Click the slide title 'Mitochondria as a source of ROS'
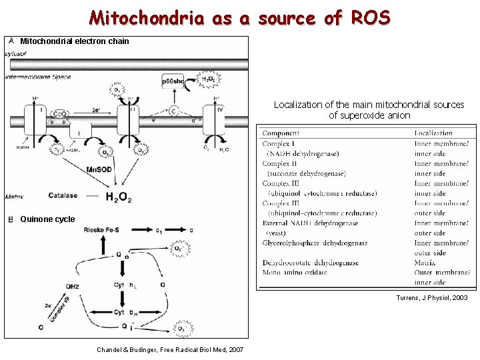(x=240, y=18)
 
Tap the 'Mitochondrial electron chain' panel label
(x=75, y=41)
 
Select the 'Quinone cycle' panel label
(x=47, y=219)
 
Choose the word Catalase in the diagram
(x=63, y=196)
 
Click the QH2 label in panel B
(x=73, y=287)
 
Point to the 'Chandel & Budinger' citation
(x=170, y=349)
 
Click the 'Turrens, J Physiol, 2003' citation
(x=431, y=298)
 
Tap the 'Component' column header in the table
(x=281, y=133)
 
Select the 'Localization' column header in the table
(x=433, y=133)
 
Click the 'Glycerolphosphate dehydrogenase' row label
(x=315, y=243)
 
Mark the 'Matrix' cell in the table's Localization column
(x=425, y=263)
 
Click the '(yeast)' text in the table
(x=276, y=233)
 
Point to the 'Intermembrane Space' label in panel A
(x=39, y=77)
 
